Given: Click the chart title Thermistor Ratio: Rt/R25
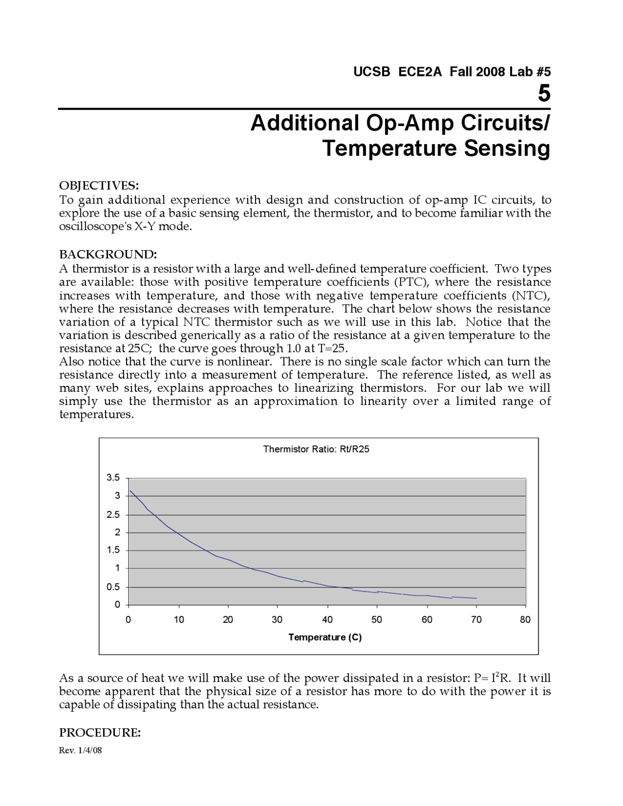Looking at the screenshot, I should pyautogui.click(x=316, y=449).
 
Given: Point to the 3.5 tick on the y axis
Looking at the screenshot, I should pyautogui.click(x=113, y=477).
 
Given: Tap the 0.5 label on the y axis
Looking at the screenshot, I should pyautogui.click(x=113, y=587).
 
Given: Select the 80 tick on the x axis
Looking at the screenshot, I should pyautogui.click(x=525, y=620).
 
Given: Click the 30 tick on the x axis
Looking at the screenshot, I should pyautogui.click(x=277, y=620).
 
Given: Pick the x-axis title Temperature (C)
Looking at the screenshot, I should pyautogui.click(x=325, y=638).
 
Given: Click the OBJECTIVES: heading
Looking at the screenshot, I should pyautogui.click(x=99, y=186).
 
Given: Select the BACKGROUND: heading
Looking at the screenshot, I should pyautogui.click(x=108, y=255).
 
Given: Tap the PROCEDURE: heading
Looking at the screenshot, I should pyautogui.click(x=100, y=733).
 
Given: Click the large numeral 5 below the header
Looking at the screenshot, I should pyautogui.click(x=544, y=93).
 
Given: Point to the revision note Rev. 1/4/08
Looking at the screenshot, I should pyautogui.click(x=80, y=750).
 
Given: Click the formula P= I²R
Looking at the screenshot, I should pyautogui.click(x=492, y=678).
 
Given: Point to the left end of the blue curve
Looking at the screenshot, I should pyautogui.click(x=129, y=491).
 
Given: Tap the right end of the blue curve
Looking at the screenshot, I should pyautogui.click(x=476, y=598).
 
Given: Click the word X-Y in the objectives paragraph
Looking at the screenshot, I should pyautogui.click(x=146, y=227).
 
